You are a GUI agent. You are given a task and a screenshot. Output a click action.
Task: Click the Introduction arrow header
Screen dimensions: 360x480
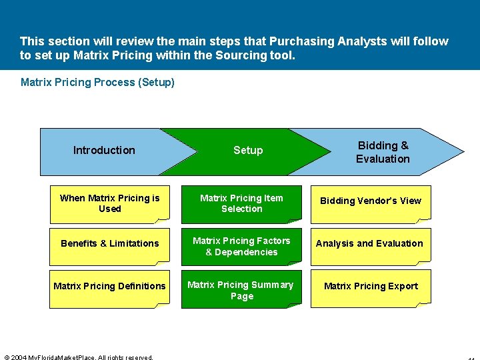point(104,151)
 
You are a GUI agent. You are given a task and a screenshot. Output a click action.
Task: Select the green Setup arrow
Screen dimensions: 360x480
point(248,151)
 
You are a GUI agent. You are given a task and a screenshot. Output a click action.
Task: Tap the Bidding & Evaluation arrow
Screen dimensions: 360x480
point(383,152)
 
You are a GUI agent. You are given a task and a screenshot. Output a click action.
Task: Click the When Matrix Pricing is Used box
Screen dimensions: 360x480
point(109,203)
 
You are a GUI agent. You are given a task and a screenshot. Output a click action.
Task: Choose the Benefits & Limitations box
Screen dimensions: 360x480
point(109,244)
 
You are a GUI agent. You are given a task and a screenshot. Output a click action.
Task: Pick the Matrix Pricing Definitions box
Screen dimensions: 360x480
point(109,287)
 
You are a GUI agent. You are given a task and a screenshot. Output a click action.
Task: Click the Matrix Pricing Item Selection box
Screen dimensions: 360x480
point(241,203)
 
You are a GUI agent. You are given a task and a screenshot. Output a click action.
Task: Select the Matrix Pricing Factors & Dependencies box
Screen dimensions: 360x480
point(241,246)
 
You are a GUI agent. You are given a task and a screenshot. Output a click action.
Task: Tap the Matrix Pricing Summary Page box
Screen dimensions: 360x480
point(241,290)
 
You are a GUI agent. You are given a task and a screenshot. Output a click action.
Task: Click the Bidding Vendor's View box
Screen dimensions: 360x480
point(371,201)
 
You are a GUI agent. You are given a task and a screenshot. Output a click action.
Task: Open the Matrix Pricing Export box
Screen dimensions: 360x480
point(371,287)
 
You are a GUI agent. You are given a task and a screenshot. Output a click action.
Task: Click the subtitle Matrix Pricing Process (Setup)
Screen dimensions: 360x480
point(97,83)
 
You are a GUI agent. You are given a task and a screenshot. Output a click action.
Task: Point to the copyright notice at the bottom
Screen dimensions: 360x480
point(78,357)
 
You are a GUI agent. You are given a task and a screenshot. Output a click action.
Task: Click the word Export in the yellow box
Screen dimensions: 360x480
point(403,287)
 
